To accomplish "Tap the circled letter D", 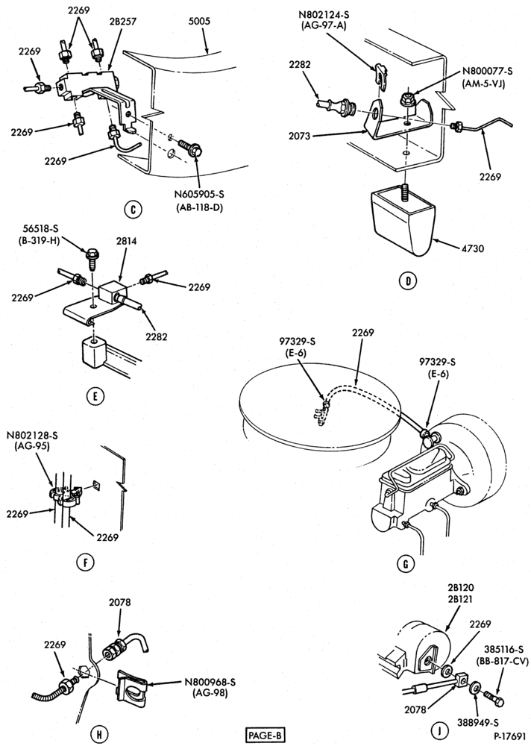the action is coord(407,280).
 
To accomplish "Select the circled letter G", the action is coord(406,564).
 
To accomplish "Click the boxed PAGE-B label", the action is coord(265,736).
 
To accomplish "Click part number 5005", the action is coord(198,22).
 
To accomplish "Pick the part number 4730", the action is coord(472,248).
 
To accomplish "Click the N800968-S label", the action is coord(210,683).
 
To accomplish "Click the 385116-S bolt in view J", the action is coord(495,700).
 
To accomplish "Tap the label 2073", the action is coord(299,136).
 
